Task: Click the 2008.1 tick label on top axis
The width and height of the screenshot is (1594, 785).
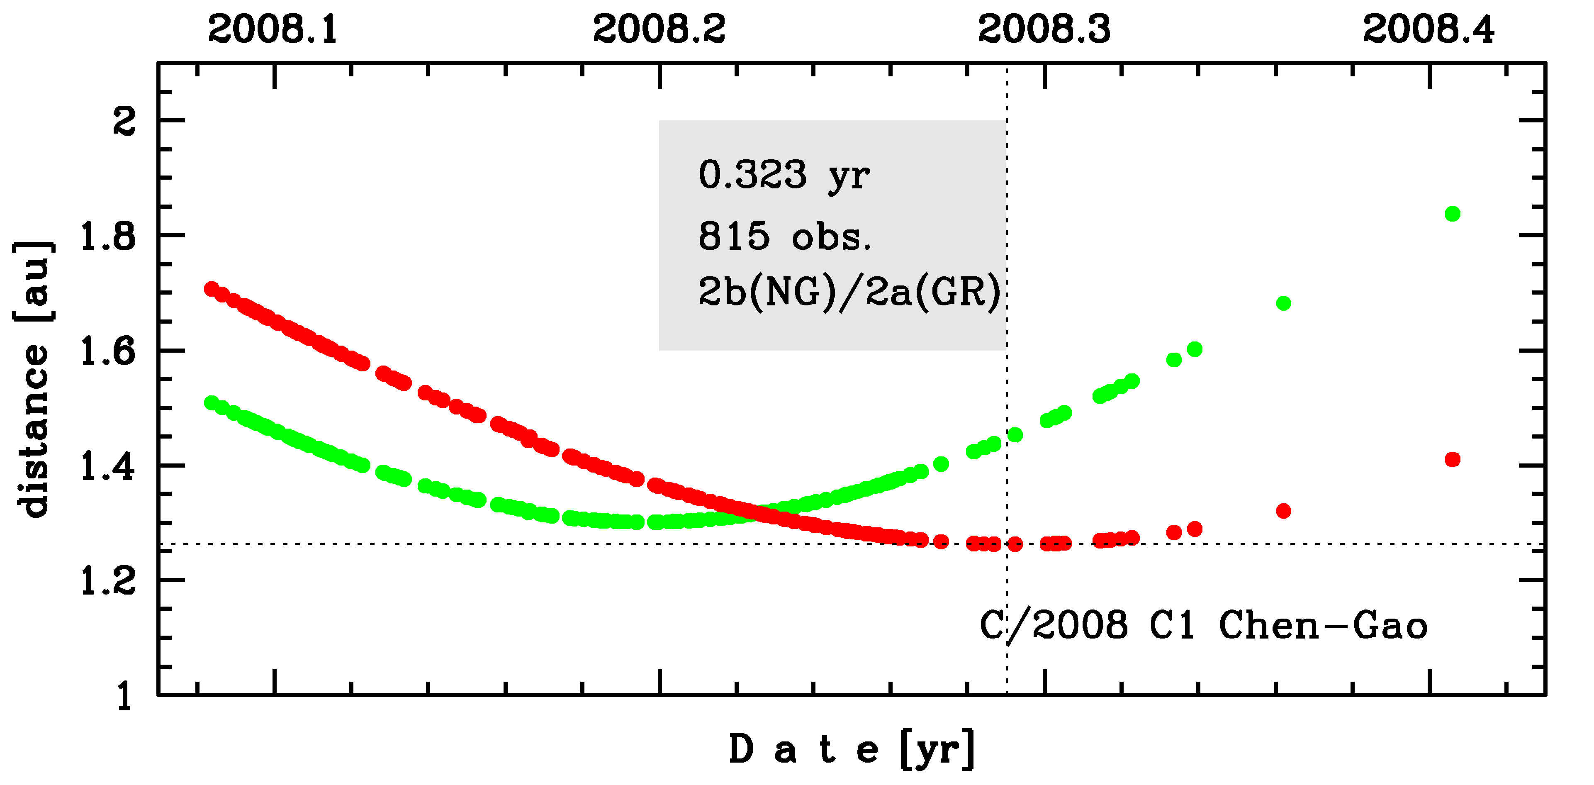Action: (x=273, y=29)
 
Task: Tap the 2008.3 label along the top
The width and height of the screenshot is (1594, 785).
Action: (x=1044, y=29)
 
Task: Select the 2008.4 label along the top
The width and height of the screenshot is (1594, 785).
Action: (x=1429, y=29)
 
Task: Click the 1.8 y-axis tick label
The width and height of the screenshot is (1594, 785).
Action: (x=108, y=236)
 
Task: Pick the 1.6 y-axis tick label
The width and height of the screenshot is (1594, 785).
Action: (x=108, y=352)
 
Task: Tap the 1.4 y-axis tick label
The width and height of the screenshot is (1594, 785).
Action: (x=108, y=466)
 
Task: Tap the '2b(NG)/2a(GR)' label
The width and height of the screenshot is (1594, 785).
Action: (x=849, y=292)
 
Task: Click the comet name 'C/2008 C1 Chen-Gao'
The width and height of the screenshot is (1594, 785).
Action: (x=1204, y=625)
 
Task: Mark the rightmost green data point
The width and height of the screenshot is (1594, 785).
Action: (x=1452, y=214)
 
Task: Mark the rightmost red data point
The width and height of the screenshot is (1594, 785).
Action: (x=1452, y=459)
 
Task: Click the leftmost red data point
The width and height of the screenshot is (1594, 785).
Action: (x=212, y=288)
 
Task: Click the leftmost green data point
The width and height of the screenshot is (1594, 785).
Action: (x=212, y=403)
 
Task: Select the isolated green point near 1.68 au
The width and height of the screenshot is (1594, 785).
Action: (x=1283, y=303)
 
